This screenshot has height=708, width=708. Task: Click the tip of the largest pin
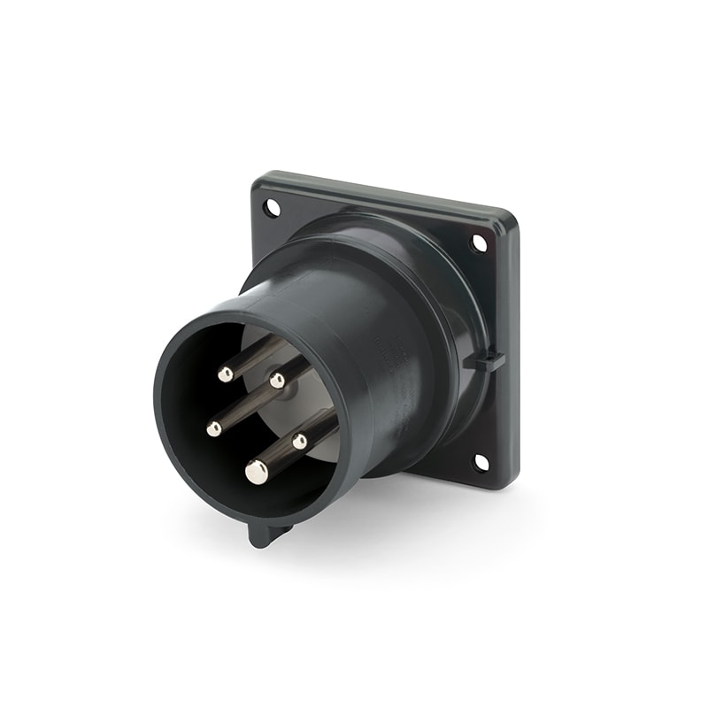[x=257, y=473]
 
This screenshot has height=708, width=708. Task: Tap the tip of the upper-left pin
[x=226, y=374]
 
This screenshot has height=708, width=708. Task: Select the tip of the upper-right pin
[x=278, y=381]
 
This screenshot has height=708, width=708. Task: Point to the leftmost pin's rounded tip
[x=214, y=429]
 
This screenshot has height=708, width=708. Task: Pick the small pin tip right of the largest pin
[x=300, y=440]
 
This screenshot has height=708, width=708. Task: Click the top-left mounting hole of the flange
[x=272, y=208]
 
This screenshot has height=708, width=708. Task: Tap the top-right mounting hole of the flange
[x=479, y=242]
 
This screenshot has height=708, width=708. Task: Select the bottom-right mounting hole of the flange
[x=481, y=461]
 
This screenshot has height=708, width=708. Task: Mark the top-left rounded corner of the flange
[x=259, y=181]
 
